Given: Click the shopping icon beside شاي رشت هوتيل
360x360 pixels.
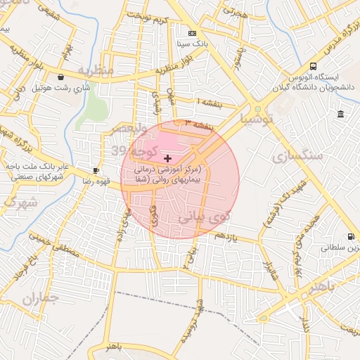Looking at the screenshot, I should pos(62,77).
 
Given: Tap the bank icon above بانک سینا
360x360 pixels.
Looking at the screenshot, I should pos(192,33).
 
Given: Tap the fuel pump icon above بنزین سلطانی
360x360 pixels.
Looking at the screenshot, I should pos(349,237).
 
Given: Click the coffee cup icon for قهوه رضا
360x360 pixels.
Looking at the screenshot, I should pos(96,171).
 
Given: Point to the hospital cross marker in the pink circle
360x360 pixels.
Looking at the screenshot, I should pos(167,159).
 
